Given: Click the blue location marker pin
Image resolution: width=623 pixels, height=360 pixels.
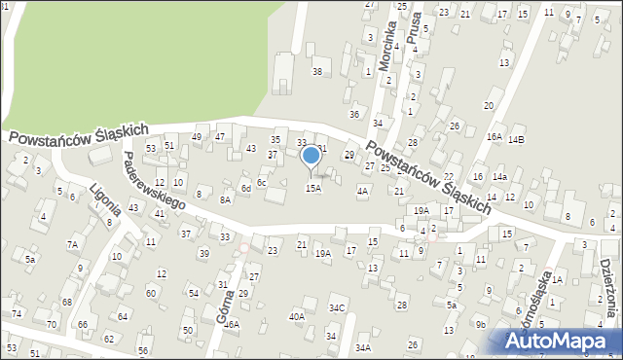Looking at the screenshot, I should point(311,157).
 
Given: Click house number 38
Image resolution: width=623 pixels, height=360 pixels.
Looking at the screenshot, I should point(316,72).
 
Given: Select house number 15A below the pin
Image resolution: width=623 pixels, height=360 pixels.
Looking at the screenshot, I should point(312,188).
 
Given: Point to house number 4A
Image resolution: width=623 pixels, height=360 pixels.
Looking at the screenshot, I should point(362,192).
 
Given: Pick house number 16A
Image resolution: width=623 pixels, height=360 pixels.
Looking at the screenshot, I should point(495,137).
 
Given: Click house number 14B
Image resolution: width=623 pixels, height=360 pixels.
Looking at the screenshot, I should point(516,139).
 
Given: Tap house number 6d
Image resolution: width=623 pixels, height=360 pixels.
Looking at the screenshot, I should point(247,188).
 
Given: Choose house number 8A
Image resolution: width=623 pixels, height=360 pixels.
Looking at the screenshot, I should point(225,199).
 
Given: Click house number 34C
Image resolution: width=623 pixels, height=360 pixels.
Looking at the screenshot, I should point(337,308).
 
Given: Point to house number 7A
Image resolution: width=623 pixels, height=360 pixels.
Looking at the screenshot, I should point(72,244).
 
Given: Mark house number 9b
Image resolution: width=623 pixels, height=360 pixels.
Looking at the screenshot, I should point(480,324).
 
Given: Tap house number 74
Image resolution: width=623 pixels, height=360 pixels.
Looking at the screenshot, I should point(17,313).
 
